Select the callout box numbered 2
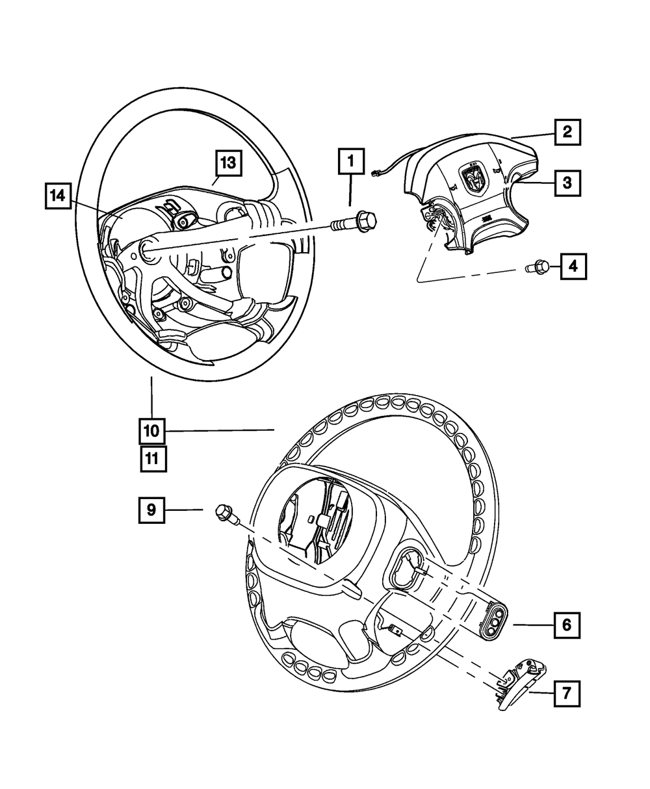pos(567,132)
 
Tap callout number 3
pos(567,183)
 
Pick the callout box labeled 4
pos(572,266)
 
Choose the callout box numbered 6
pos(566,625)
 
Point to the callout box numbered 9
pos(151,510)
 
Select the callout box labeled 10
pos(151,430)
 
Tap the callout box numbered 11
pos(151,458)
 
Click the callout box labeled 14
pos(58,196)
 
